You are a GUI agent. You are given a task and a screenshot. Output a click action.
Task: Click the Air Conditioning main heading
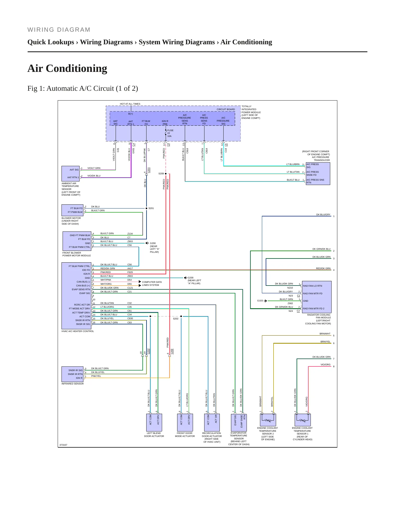[67, 68]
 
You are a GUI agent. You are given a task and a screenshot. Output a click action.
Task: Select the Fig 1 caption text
[83, 89]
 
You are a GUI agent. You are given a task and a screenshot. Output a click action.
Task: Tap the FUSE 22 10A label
[170, 133]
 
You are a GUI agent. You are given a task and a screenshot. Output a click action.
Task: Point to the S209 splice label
[161, 174]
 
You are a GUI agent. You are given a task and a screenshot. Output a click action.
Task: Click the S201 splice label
[151, 208]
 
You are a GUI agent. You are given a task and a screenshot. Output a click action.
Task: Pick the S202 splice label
[175, 319]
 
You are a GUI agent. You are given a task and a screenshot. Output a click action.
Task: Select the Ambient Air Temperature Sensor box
[71, 173]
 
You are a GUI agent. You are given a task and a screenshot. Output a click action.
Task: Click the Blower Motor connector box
[72, 210]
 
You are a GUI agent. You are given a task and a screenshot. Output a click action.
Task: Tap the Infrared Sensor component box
[72, 374]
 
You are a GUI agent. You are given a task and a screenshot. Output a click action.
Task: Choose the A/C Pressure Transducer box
[318, 174]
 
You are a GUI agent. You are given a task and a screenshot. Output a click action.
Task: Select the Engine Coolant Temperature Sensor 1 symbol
[303, 420]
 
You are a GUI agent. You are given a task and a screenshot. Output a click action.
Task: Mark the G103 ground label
[260, 301]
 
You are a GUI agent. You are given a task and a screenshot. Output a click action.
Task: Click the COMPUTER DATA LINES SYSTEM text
[152, 284]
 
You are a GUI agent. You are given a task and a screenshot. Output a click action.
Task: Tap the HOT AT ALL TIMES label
[130, 104]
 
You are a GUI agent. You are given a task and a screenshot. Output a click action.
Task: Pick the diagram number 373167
[63, 445]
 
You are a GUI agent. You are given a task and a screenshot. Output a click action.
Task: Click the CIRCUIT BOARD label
[226, 109]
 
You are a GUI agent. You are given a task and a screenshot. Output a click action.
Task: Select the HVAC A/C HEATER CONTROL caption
[78, 331]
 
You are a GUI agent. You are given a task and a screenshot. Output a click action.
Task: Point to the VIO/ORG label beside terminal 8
[326, 365]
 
